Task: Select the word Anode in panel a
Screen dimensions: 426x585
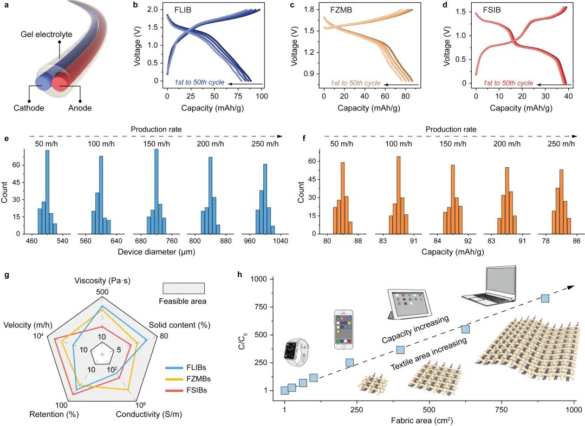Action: tap(80, 108)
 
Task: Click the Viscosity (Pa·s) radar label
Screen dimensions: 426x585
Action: tap(102, 280)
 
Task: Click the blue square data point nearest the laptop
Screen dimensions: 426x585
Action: tap(545, 298)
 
